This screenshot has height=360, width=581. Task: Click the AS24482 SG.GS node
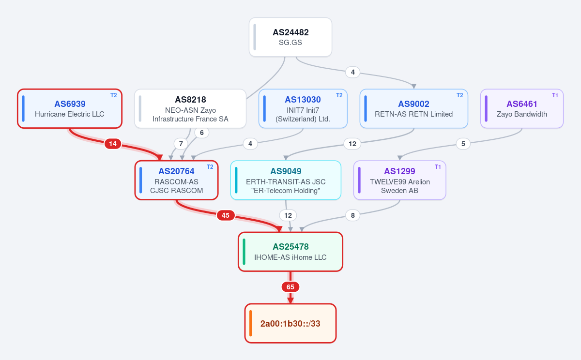point(290,37)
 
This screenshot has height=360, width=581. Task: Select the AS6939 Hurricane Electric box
point(70,108)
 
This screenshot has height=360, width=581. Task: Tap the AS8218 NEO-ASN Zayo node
point(190,108)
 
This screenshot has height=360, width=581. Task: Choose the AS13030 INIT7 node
point(303,108)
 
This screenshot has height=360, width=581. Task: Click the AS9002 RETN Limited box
point(413,108)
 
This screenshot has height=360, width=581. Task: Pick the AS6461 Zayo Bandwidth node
point(522,108)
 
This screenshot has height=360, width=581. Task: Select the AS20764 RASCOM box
point(176,180)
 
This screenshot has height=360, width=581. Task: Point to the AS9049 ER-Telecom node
point(286,180)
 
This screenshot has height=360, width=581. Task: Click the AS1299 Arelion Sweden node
point(400,180)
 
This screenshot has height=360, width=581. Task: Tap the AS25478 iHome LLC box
point(290,252)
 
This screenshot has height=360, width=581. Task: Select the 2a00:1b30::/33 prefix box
point(290,323)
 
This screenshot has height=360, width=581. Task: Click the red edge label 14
point(113,144)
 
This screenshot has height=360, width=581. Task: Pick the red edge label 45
point(226,215)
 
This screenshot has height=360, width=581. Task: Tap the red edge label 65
point(290,287)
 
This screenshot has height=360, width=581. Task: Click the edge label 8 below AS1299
point(353,215)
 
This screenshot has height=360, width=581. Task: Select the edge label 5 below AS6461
point(463,144)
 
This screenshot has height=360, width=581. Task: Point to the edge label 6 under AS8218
point(202,133)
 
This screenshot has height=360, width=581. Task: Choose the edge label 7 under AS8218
point(181,144)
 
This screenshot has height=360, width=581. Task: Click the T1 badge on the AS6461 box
point(555,95)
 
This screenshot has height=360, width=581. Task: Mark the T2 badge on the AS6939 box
point(114,95)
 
